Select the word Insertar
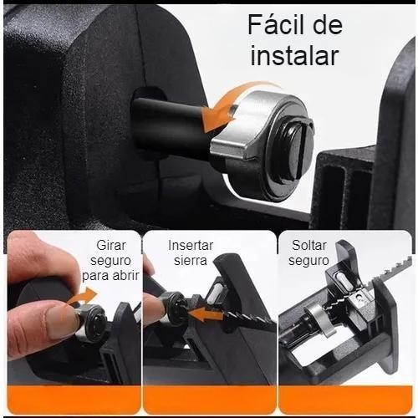(191, 246)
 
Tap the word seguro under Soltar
(308, 260)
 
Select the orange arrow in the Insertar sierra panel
(207, 317)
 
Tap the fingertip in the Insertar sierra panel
(153, 309)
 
